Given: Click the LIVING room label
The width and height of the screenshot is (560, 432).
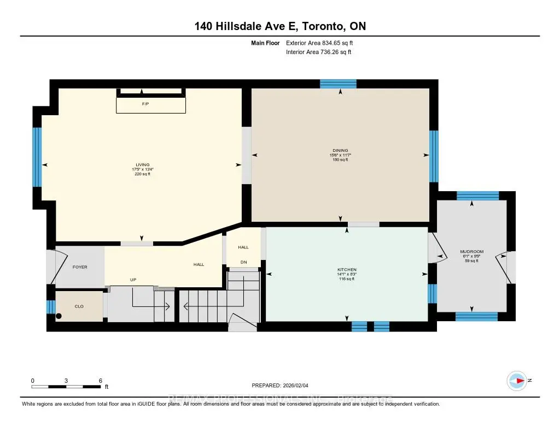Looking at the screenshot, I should tap(143, 165).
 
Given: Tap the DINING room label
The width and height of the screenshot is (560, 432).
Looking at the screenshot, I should tap(340, 151).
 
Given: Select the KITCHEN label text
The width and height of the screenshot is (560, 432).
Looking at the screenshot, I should tap(347, 270).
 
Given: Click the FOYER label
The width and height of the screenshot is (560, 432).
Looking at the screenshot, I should tap(80, 267).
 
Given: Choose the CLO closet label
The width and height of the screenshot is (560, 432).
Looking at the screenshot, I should tap(79, 306).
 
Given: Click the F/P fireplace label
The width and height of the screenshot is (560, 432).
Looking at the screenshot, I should tap(145, 104).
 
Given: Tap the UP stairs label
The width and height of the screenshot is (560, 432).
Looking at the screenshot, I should tap(133, 280).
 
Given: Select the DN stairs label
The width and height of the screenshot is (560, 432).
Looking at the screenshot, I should tap(243, 262).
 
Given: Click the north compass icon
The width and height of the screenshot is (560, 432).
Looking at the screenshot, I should tap(517, 380).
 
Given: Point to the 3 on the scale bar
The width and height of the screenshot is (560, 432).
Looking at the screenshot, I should tap(66, 380).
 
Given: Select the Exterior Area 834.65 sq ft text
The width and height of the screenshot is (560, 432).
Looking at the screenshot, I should tap(322, 43).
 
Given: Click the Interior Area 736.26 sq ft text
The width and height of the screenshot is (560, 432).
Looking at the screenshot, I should tap(318, 52).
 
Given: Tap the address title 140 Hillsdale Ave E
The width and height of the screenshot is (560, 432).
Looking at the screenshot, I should tap(279, 26).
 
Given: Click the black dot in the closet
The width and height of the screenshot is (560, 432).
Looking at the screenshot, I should tap(59, 315).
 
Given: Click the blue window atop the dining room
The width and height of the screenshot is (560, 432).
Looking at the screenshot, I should tap(338, 84).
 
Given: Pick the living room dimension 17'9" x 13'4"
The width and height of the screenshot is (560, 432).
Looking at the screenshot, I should tap(143, 169).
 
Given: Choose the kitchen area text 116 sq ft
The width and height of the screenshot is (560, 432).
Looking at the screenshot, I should tap(347, 279).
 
